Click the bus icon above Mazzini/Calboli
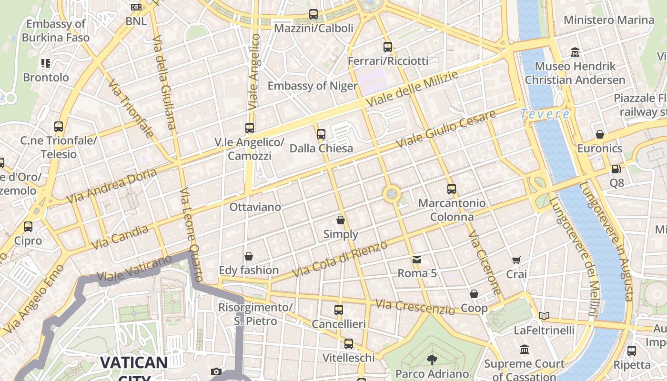point(313,14)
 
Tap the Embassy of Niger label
point(312,86)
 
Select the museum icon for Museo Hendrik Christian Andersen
point(575,52)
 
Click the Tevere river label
point(545,114)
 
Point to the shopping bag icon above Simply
point(341,220)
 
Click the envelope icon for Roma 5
point(417,260)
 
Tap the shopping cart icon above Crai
point(516,260)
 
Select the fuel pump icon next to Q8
point(616,169)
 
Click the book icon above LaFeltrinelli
point(544,316)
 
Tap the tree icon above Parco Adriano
point(432,360)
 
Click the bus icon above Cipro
point(28,227)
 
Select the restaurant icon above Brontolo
point(46,63)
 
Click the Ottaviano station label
point(255,207)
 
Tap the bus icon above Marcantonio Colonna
point(452,189)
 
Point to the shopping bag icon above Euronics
point(600,134)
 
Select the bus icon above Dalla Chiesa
point(321,134)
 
